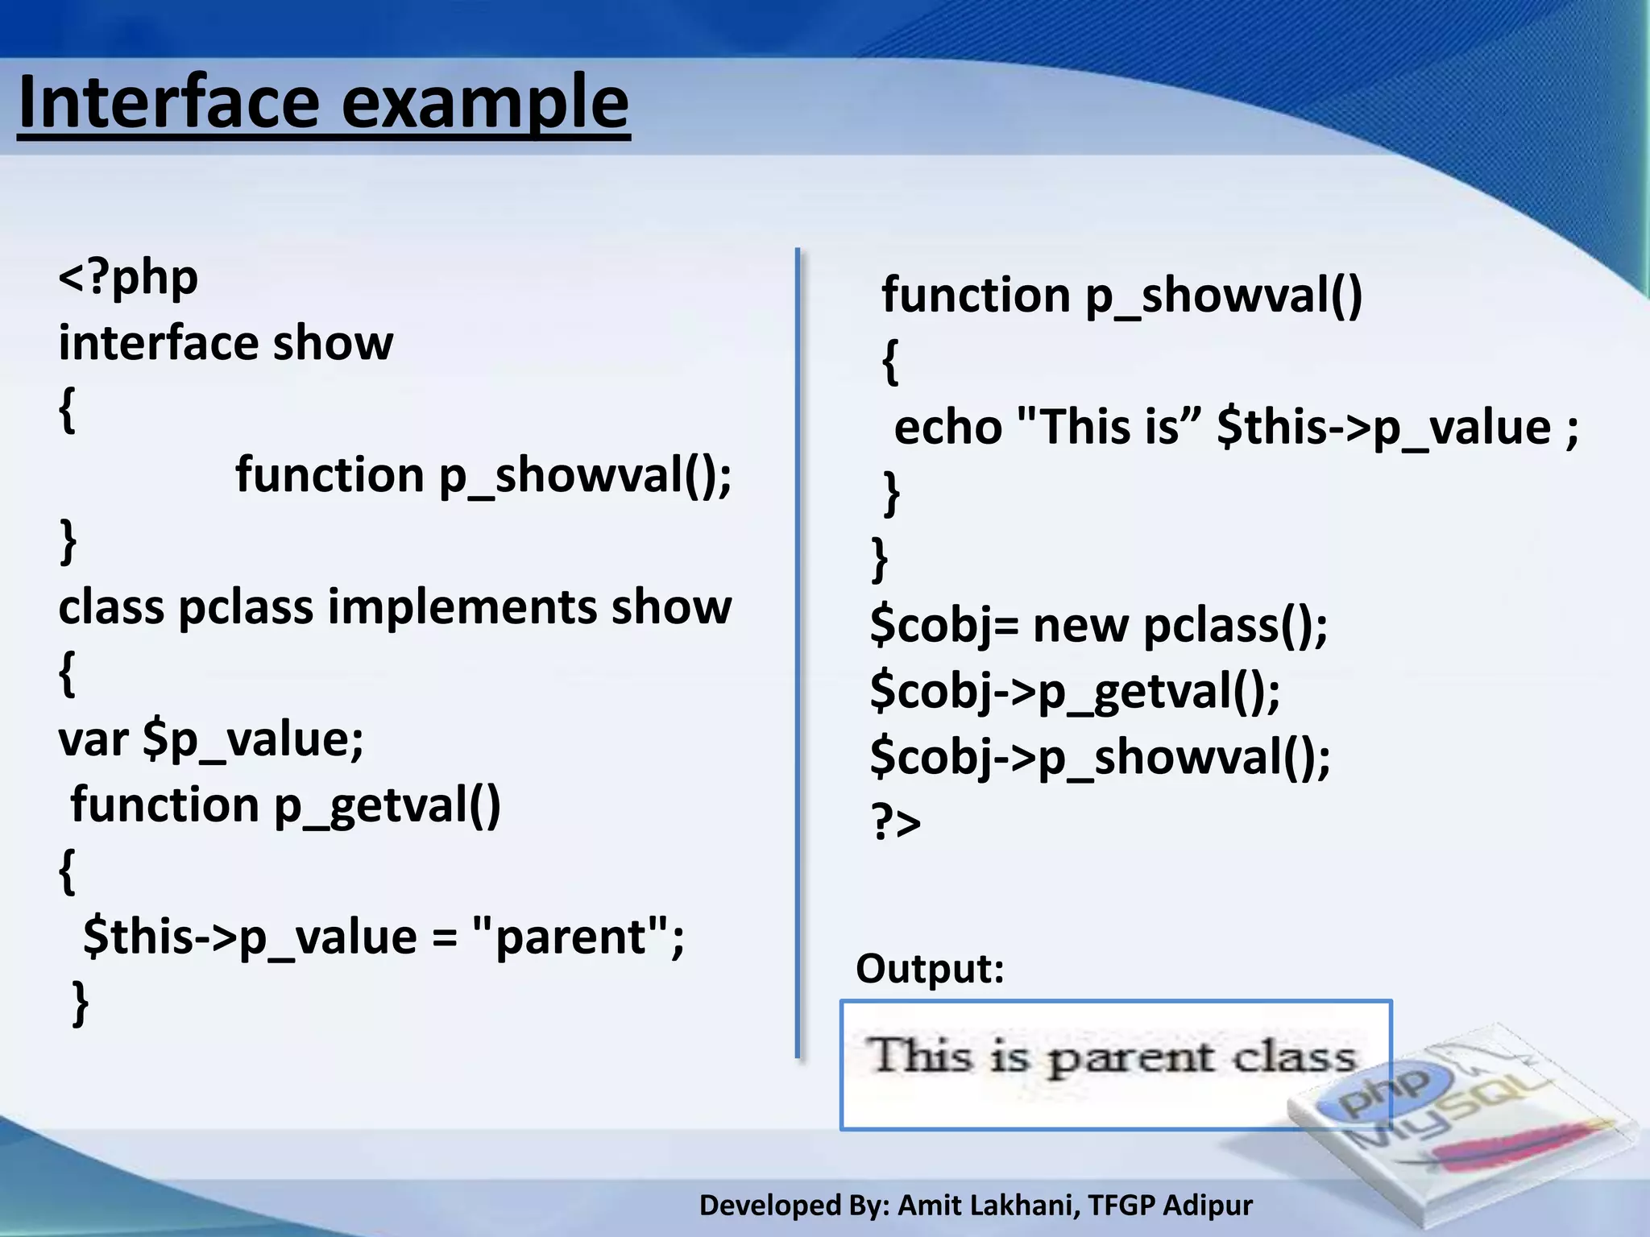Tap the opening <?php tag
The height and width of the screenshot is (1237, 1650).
point(128,278)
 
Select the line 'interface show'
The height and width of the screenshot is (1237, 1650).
point(226,343)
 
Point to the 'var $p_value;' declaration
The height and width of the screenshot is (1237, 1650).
point(211,739)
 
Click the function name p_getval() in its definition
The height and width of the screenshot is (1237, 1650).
point(387,805)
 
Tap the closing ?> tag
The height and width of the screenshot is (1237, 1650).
point(896,823)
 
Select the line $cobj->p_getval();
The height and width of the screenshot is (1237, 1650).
point(1075,691)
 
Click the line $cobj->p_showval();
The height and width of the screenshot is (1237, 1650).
point(1100,757)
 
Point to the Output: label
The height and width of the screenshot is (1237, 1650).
point(930,969)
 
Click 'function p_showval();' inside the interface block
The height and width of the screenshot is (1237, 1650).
point(483,475)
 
